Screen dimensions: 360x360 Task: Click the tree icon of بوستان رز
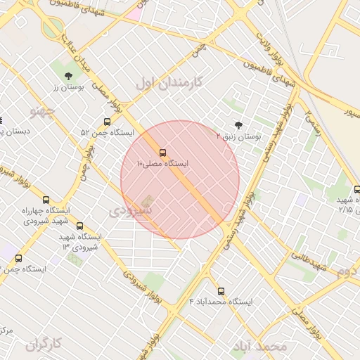pyautogui.click(x=68, y=76)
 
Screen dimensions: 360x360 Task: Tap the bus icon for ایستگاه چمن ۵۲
pyautogui.click(x=107, y=122)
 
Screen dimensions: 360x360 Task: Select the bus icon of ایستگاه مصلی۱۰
pyautogui.click(x=163, y=152)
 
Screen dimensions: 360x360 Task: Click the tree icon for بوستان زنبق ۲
pyautogui.click(x=239, y=126)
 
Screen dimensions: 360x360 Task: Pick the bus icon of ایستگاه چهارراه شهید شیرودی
pyautogui.click(x=46, y=200)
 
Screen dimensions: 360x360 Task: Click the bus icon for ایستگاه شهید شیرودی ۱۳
pyautogui.click(x=79, y=226)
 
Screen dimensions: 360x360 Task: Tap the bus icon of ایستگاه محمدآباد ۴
pyautogui.click(x=221, y=291)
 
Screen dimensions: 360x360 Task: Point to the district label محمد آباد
pyautogui.click(x=262, y=347)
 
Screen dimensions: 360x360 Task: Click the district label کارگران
pyautogui.click(x=44, y=344)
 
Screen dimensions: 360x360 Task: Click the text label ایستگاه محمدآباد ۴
pyautogui.click(x=221, y=302)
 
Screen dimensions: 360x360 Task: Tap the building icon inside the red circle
pyautogui.click(x=147, y=201)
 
